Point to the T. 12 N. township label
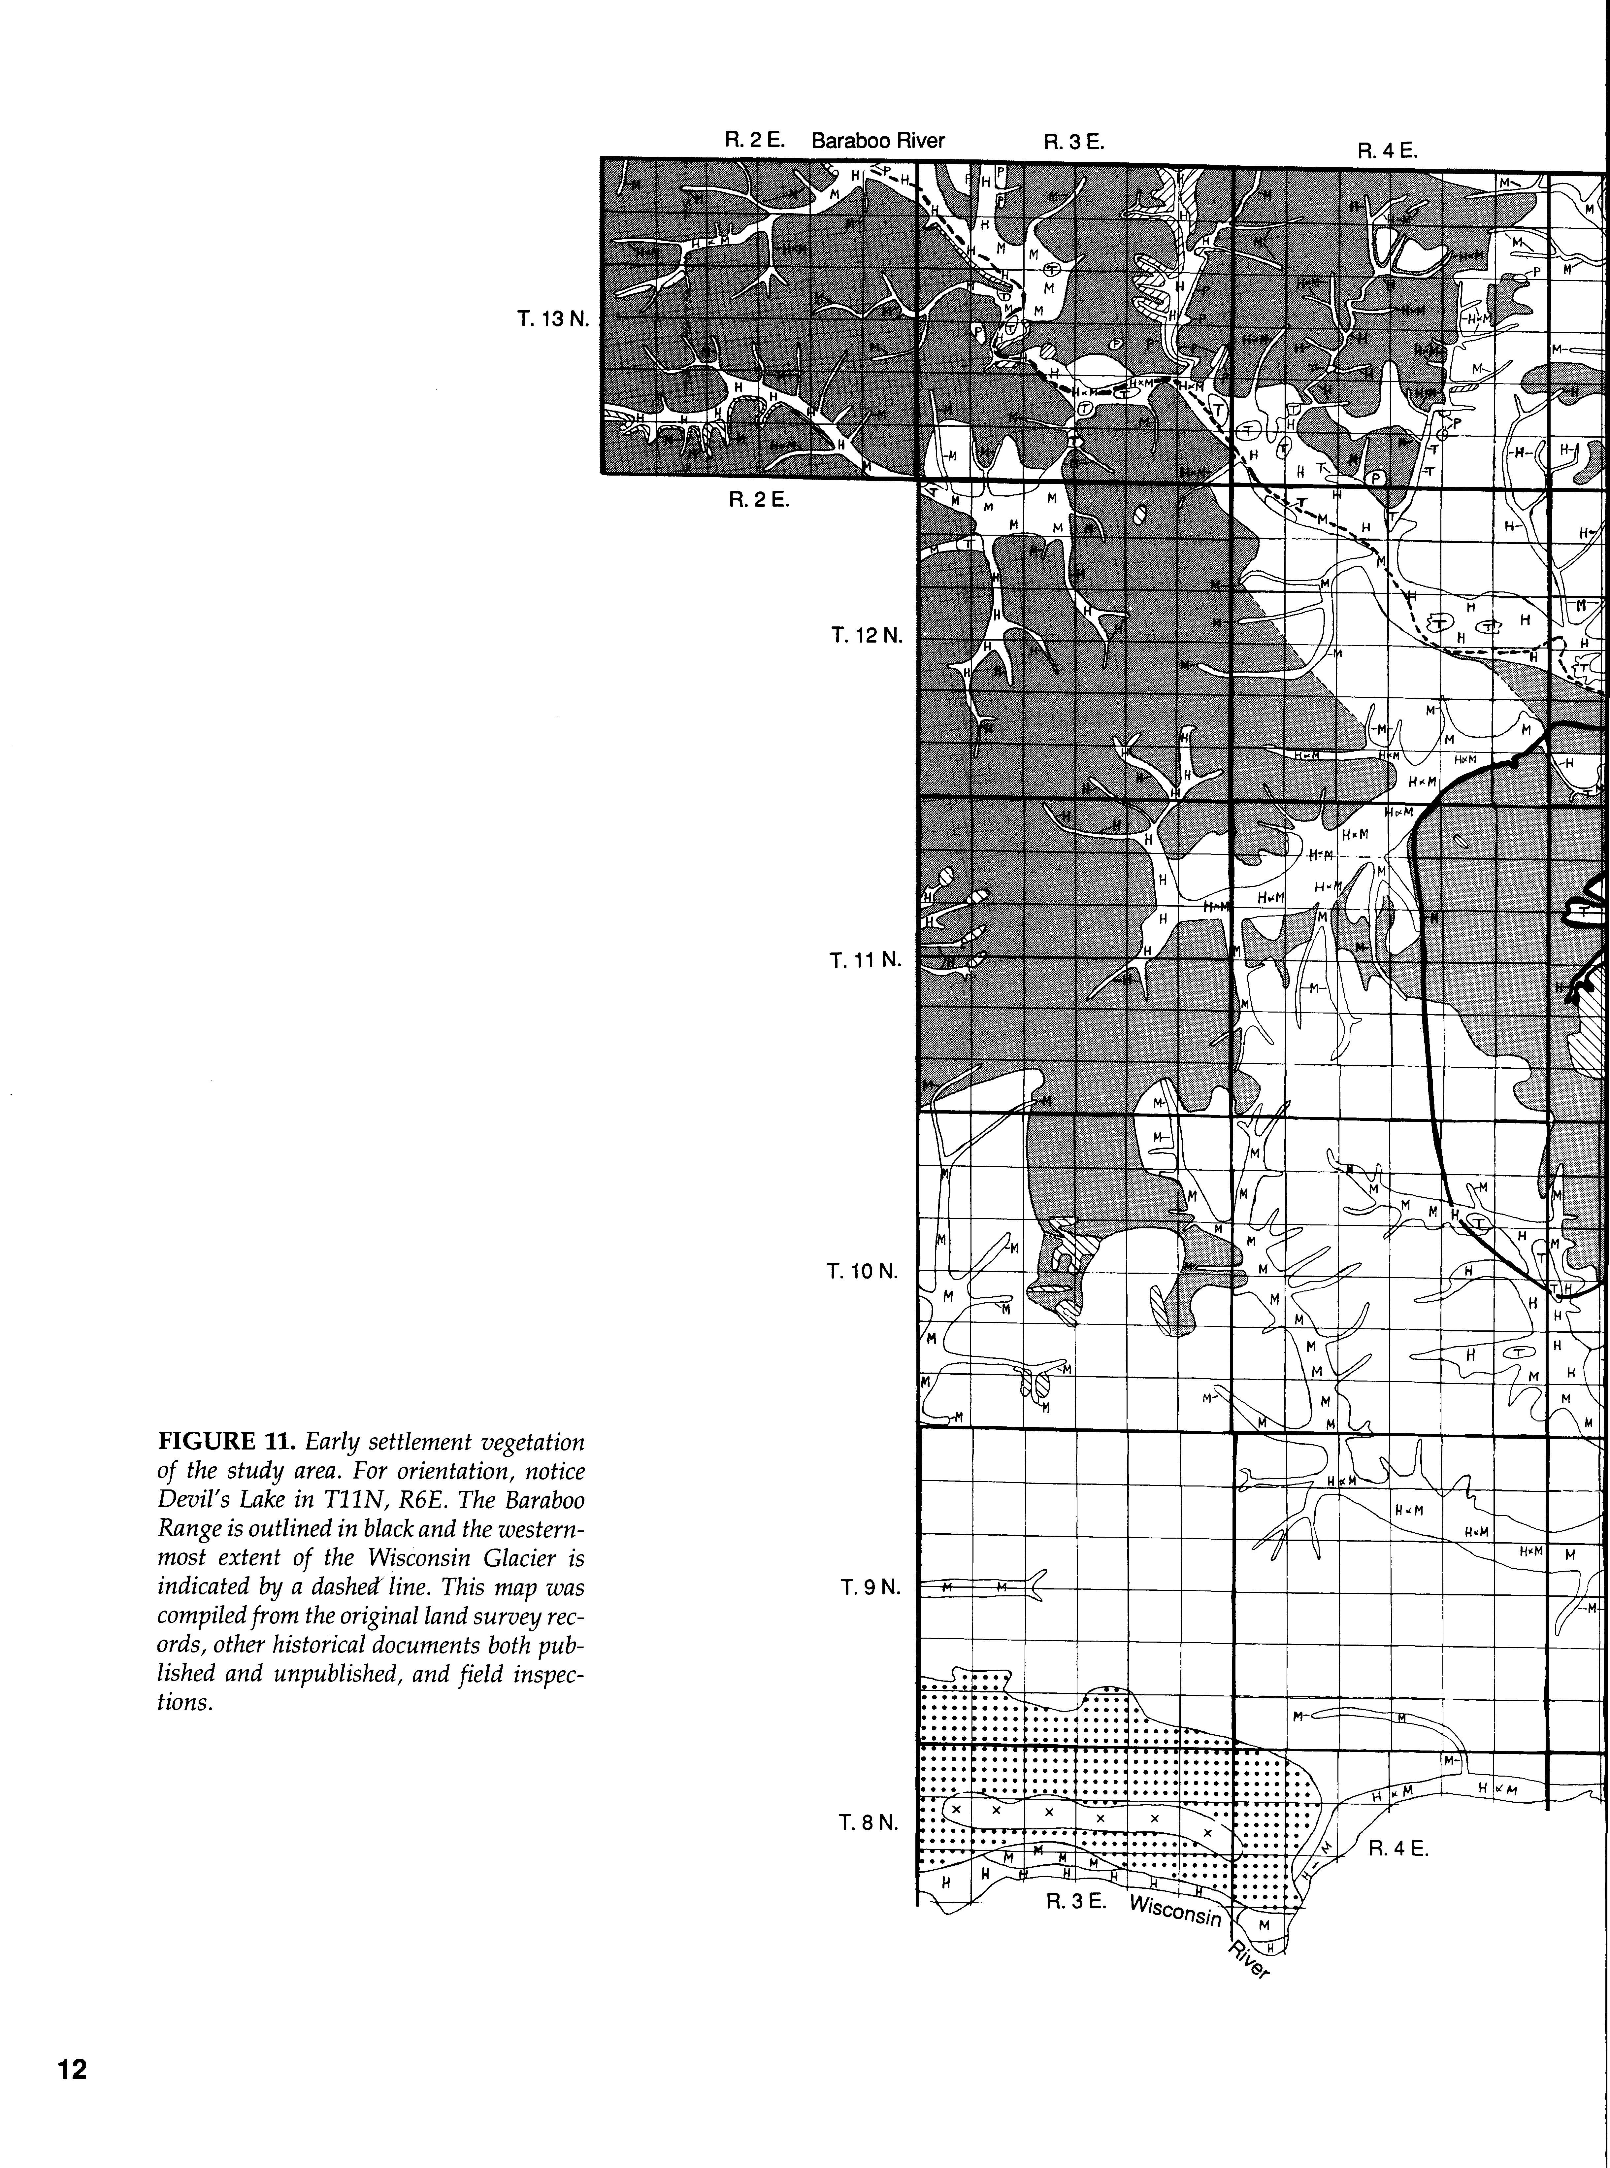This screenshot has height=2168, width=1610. pyautogui.click(x=867, y=636)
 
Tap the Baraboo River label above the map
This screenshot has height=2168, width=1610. pyautogui.click(x=878, y=140)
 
